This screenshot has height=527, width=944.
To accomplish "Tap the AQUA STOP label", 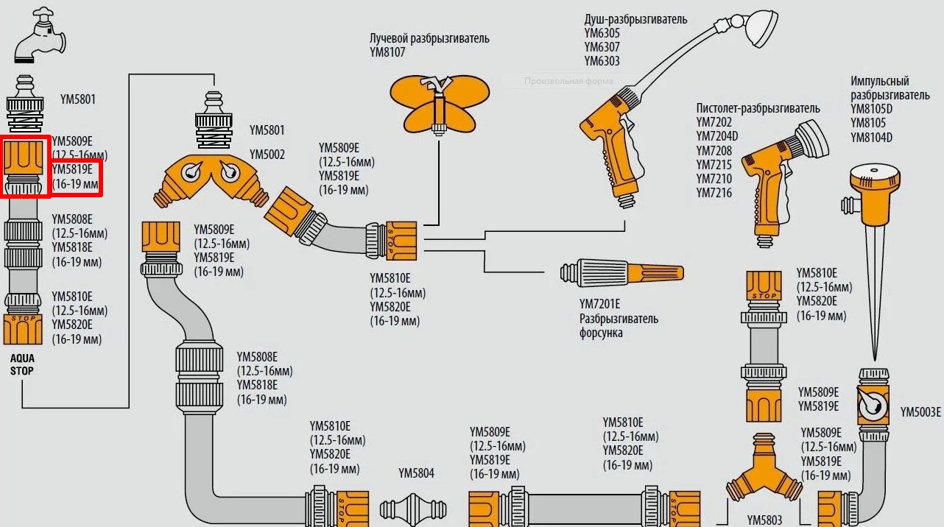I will pos(22,364).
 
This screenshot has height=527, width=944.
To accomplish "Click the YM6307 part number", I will pos(602,47).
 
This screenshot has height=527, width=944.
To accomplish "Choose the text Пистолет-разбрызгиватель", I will pos(758,108).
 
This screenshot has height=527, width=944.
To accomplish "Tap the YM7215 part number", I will pos(714,166).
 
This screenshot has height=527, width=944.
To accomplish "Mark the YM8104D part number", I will pos(871,137).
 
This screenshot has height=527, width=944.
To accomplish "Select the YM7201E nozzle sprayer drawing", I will pos(622,272).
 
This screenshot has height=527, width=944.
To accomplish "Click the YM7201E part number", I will pos(599,304).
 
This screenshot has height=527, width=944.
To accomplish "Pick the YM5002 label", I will pos(267,155).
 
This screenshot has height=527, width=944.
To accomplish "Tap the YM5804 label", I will pos(416,473).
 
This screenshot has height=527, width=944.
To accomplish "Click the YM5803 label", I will pos(764,520).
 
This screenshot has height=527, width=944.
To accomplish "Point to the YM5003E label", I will pos(920,412).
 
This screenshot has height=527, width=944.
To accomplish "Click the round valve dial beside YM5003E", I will pos(874,404).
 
